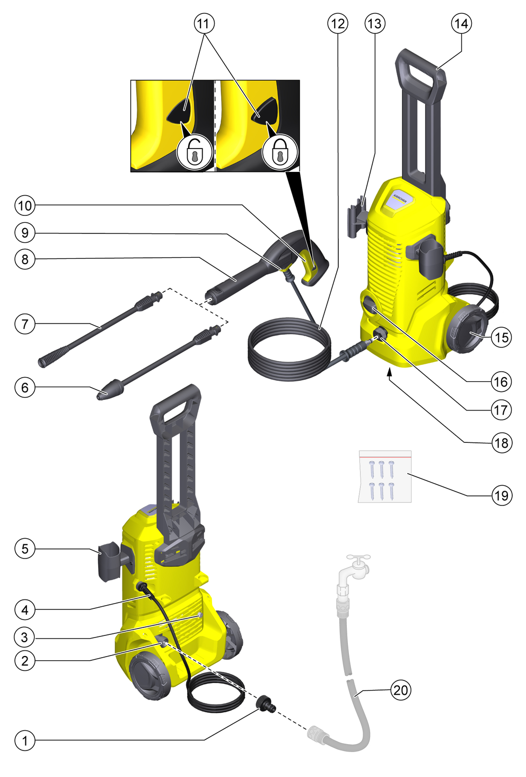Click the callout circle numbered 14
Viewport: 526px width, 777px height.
coord(461,23)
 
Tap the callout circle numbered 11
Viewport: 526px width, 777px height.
coord(204,23)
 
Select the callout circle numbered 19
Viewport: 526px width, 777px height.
coord(502,495)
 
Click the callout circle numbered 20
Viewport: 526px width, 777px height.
coord(400,689)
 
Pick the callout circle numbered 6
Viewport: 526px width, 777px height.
coord(25,387)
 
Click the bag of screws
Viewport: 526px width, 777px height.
coord(384,476)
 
